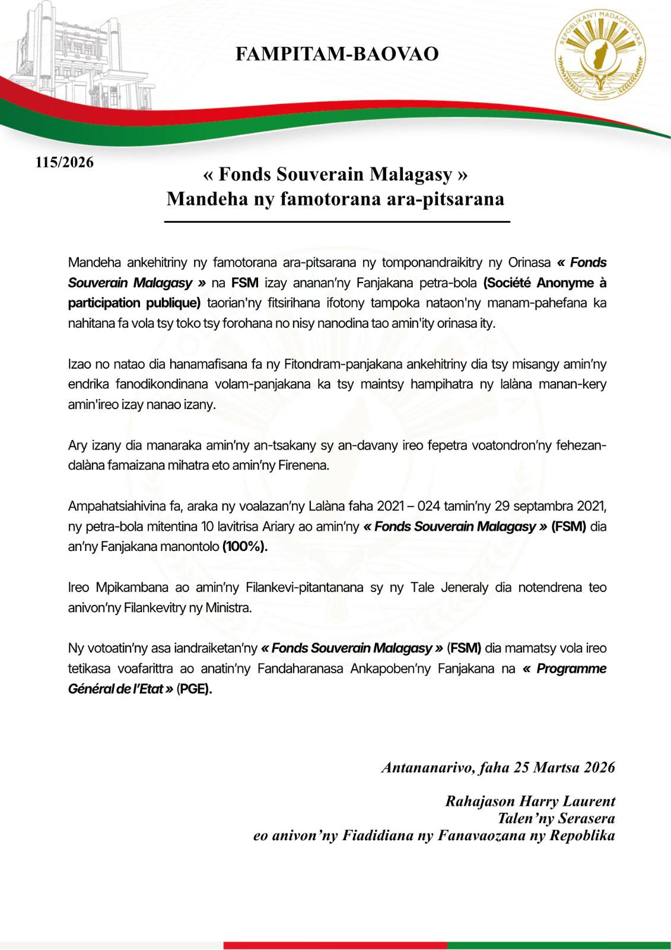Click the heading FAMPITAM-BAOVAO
(337, 54)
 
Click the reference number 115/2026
(65, 162)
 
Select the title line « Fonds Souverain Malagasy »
(335, 175)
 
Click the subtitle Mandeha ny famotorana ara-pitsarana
(335, 198)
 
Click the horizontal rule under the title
(336, 221)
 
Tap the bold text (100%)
(244, 547)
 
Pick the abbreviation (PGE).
(194, 689)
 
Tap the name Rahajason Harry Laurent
(530, 801)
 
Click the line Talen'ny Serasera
(556, 818)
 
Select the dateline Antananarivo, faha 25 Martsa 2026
(498, 767)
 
